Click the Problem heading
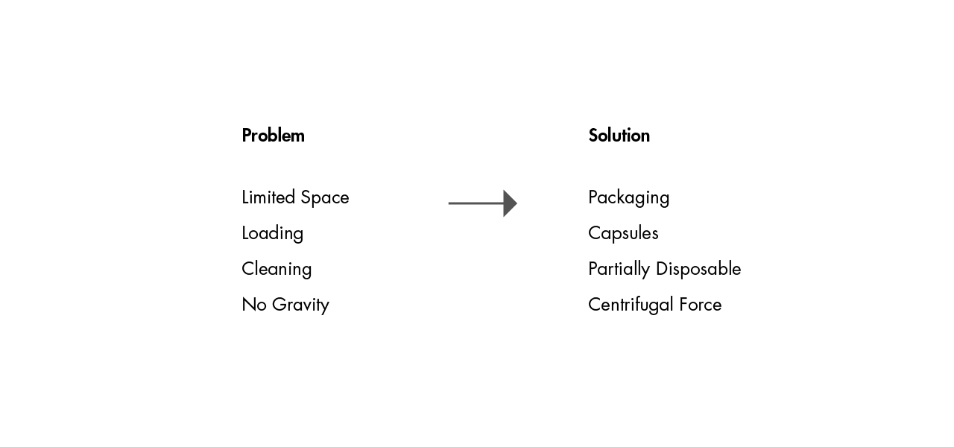click(273, 136)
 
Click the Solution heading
click(619, 136)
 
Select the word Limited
click(268, 197)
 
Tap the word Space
click(324, 198)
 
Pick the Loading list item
click(273, 234)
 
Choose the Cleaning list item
click(277, 270)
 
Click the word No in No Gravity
click(254, 305)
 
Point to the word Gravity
click(300, 305)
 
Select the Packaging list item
click(628, 198)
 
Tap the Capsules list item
click(623, 234)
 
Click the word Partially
click(619, 270)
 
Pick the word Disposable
click(698, 269)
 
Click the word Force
click(701, 305)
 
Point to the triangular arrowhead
click(511, 203)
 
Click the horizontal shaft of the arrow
click(476, 203)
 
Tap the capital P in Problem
click(247, 136)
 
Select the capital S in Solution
click(594, 136)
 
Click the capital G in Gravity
click(279, 305)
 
